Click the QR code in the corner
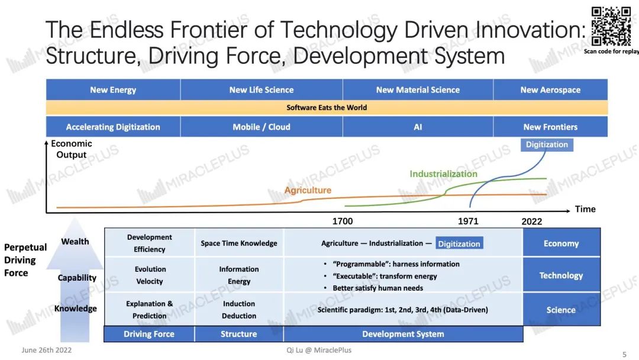click(x=611, y=27)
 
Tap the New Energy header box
click(x=113, y=89)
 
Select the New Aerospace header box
click(x=550, y=89)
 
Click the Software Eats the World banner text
click(x=327, y=108)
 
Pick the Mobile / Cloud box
click(x=262, y=127)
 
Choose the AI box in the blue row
click(x=418, y=127)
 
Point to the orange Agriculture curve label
click(x=308, y=190)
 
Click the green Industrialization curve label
click(x=443, y=173)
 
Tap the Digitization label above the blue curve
click(x=547, y=144)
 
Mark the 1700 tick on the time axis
click(x=343, y=221)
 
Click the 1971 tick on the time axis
click(x=468, y=221)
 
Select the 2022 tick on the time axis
click(x=532, y=221)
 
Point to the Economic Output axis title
click(x=72, y=149)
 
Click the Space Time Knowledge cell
click(x=239, y=243)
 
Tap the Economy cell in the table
click(x=561, y=243)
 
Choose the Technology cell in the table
click(x=561, y=275)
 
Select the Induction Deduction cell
click(x=239, y=310)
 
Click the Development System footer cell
click(x=403, y=334)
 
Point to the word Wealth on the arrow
click(x=75, y=242)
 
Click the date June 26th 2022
click(x=47, y=350)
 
